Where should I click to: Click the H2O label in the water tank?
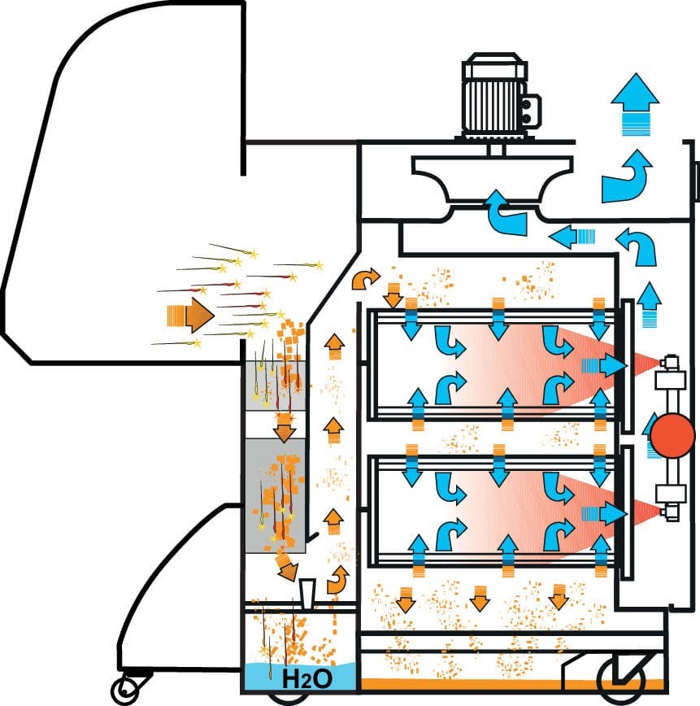coord(307,678)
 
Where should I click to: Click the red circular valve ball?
coord(673,435)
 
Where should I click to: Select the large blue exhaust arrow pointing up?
coord(635,103)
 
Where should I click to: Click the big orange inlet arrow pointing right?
coord(190,316)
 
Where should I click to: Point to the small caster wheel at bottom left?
coord(123,689)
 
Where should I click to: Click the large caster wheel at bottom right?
coord(620,680)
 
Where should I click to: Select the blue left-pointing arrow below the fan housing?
coord(572,237)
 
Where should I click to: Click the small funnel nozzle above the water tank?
coord(307,595)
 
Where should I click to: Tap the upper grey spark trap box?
coord(275,386)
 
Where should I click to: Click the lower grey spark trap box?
coord(275,495)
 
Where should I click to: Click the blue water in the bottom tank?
coord(299,677)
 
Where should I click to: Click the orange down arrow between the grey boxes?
coord(284,428)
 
